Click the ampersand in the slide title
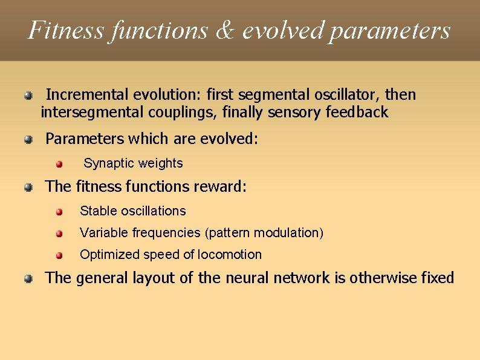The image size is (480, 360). point(223,30)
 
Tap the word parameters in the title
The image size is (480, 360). point(390,30)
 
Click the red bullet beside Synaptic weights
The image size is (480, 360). point(59,164)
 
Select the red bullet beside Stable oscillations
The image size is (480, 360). point(59,212)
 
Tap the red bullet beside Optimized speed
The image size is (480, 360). point(59,255)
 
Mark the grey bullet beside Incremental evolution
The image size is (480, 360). point(28,96)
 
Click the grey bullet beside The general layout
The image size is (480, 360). point(28,279)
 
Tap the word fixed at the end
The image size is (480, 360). point(437,278)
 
